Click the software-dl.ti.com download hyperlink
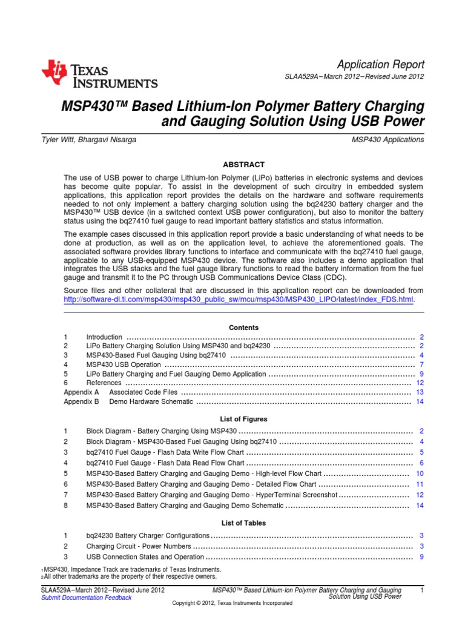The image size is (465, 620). click(x=240, y=300)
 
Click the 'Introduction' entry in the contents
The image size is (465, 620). click(x=104, y=337)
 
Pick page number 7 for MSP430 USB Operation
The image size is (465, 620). click(x=421, y=365)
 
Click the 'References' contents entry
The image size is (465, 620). click(x=104, y=383)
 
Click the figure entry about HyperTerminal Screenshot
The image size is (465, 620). click(x=211, y=495)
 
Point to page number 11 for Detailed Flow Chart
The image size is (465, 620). click(x=419, y=484)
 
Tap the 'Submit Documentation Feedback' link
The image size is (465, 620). click(x=85, y=598)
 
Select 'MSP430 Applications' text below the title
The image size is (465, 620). click(x=387, y=139)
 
